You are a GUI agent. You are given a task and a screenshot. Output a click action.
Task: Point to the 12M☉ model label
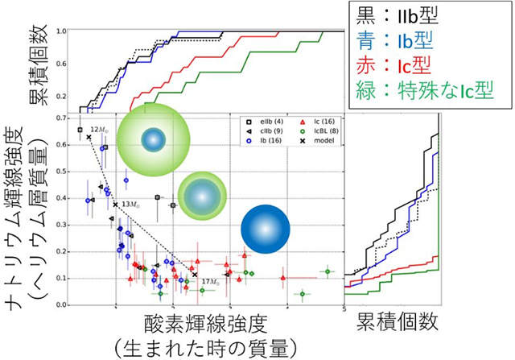tap(99, 130)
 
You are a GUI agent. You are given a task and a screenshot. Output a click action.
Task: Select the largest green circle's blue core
tap(153, 139)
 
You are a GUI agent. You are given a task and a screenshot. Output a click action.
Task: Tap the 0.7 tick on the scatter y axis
tap(70, 118)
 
